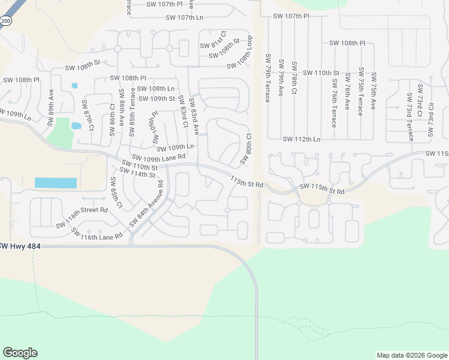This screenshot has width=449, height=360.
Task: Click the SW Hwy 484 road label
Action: click(x=17, y=246)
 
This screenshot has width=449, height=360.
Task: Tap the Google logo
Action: click(x=20, y=353)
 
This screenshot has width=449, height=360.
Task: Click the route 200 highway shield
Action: click(x=5, y=21)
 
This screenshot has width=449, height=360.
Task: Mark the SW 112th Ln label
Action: click(x=302, y=139)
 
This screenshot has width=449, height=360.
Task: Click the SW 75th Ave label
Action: click(x=373, y=91)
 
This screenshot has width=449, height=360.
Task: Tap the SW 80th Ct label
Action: click(x=245, y=149)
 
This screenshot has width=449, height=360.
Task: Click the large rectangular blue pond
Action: click(x=56, y=183)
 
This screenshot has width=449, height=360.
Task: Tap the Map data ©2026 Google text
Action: click(x=411, y=355)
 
